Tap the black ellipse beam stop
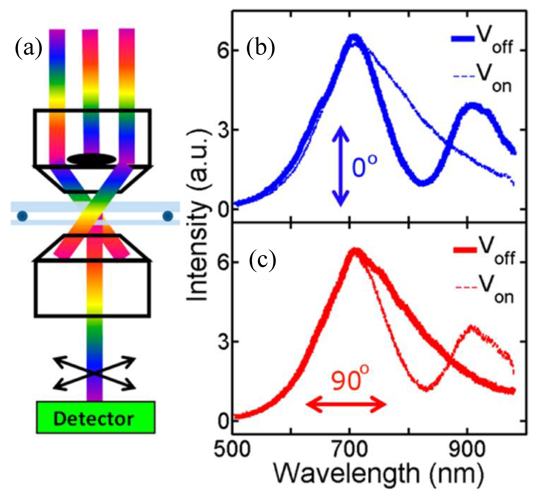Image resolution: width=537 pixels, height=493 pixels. tap(92, 159)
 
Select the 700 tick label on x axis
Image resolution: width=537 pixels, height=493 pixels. tap(349, 450)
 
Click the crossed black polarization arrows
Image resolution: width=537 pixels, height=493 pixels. tap(95, 373)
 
